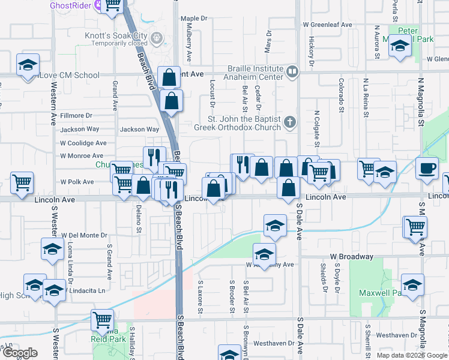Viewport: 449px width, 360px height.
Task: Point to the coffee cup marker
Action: [x=427, y=167]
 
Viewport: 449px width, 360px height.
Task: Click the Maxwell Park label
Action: [x=380, y=293]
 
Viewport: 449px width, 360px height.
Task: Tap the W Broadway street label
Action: [x=351, y=257]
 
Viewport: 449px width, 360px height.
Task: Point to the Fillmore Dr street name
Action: [x=76, y=115]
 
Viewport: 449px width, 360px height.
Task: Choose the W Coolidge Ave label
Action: [x=83, y=143]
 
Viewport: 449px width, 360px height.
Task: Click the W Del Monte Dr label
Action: [x=83, y=235]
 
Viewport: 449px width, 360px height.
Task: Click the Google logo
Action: [x=20, y=353]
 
